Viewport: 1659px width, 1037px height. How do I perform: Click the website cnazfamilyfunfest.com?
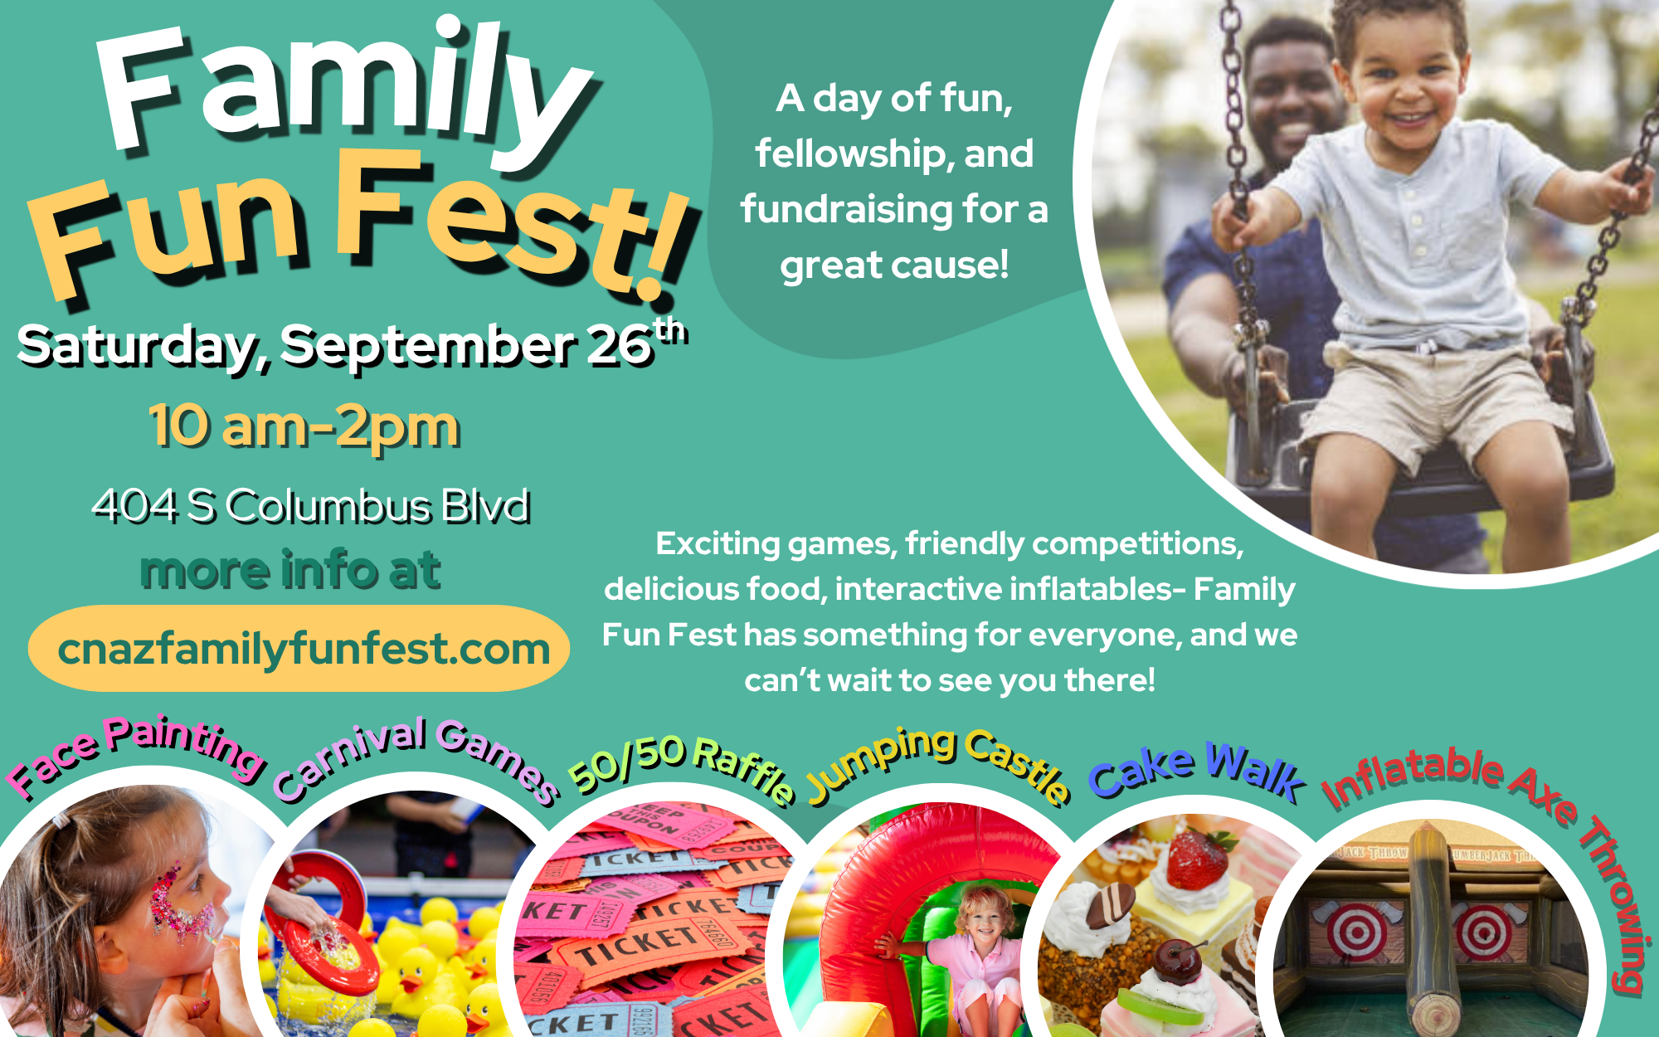point(304,650)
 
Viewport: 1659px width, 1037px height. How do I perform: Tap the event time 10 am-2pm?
point(304,426)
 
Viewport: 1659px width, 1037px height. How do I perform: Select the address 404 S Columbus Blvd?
point(311,506)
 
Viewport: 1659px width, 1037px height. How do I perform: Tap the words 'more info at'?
point(290,571)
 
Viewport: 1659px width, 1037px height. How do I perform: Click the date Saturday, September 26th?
point(353,344)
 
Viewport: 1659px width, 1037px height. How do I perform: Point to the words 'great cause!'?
point(894,266)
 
